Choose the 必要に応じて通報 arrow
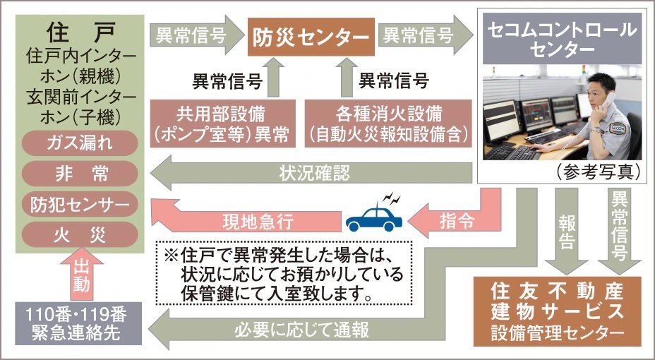point(311,329)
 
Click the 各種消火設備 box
point(387,124)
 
